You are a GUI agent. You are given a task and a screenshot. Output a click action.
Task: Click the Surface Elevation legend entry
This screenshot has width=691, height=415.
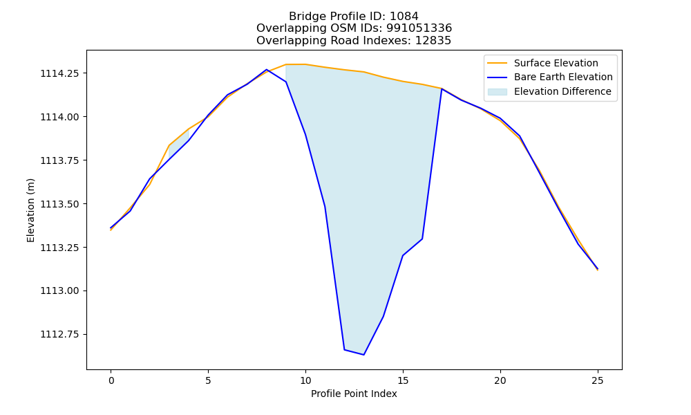point(542,63)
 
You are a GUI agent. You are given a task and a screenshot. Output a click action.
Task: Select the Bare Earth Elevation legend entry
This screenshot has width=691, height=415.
point(550,77)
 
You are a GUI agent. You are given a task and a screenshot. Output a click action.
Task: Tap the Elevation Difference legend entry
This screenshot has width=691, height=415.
point(549,92)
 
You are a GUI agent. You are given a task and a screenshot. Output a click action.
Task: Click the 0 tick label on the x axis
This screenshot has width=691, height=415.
point(111,380)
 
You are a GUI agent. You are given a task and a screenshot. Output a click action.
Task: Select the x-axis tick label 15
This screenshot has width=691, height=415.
point(403,380)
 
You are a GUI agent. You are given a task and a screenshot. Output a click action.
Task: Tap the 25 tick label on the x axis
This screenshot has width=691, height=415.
point(598,380)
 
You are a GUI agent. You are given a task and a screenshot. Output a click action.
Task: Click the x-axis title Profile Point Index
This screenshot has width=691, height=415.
point(354,394)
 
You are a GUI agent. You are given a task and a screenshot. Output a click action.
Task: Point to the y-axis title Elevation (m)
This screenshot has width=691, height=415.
point(30,210)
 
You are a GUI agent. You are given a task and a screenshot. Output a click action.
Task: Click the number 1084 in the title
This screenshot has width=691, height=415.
point(404,17)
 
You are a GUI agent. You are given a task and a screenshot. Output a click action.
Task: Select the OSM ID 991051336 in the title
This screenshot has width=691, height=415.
point(419,28)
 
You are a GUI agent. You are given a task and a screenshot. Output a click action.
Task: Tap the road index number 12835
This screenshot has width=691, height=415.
point(433,41)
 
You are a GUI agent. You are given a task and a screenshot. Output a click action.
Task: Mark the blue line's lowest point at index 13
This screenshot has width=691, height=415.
point(363,355)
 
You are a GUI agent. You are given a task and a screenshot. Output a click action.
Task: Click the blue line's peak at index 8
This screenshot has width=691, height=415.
point(267,70)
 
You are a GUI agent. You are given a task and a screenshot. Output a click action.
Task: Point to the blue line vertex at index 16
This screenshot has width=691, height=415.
point(422,239)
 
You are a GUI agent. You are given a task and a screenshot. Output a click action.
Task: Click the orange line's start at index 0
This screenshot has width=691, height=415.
point(111,230)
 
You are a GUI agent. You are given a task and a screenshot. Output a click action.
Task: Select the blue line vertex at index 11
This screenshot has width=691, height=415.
point(325,206)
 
